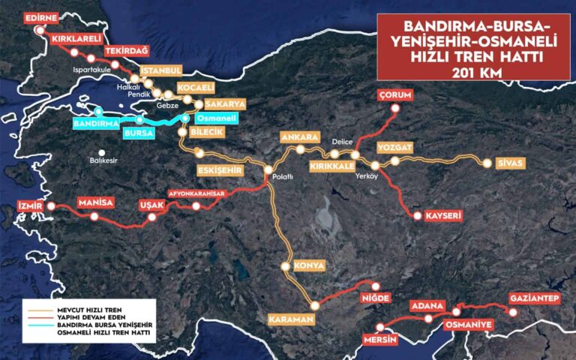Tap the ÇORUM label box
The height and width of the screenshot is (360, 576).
point(395,94)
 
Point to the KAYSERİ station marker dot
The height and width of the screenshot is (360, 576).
point(417,216)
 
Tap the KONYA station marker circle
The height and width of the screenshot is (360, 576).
point(285,266)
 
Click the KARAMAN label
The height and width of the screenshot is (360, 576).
point(289,319)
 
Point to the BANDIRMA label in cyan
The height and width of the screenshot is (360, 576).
point(97,122)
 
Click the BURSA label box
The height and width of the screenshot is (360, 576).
point(139,133)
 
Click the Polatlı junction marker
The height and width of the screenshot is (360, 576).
point(267,170)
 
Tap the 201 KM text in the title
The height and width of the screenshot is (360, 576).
point(472,73)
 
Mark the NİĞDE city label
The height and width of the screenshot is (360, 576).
point(376,298)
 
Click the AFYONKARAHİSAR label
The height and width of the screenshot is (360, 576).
point(196,192)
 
